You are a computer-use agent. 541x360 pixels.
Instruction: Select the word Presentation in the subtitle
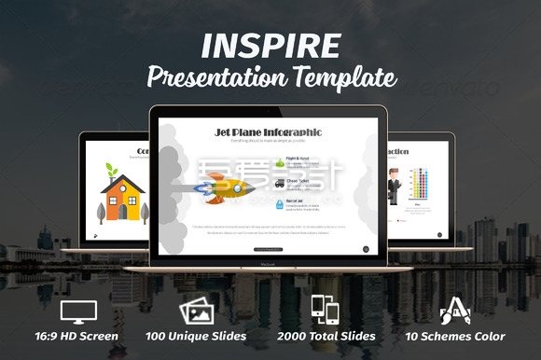tap(215, 77)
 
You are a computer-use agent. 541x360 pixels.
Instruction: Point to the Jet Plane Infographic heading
tap(269, 132)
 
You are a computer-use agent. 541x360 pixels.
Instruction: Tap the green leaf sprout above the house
tap(112, 170)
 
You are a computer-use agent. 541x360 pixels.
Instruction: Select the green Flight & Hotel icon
tap(281, 162)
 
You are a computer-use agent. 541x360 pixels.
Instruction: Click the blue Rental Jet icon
tap(281, 202)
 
